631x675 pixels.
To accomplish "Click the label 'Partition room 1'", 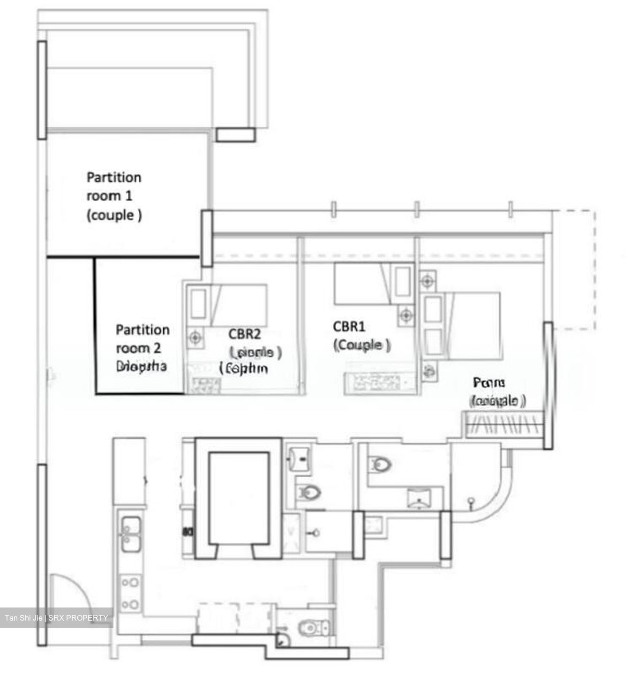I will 114,186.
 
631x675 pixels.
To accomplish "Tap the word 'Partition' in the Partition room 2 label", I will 143,330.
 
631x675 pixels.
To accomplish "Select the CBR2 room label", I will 244,334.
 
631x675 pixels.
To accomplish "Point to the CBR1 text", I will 349,326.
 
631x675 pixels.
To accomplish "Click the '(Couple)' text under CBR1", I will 361,345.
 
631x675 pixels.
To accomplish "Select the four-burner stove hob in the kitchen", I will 130,593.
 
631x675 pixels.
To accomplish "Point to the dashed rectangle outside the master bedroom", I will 574,270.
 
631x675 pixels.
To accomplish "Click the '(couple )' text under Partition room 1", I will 114,215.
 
